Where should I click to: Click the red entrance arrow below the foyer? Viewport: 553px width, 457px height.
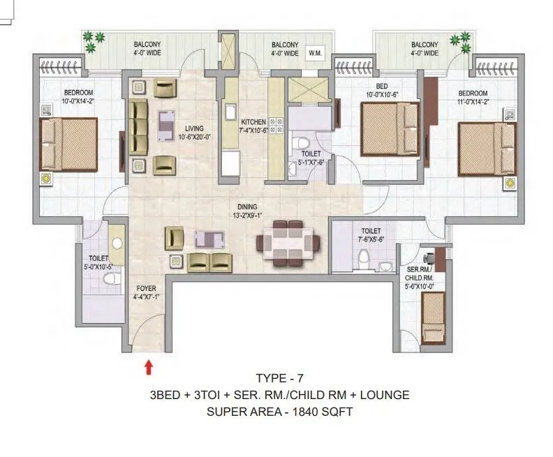coord(148,365)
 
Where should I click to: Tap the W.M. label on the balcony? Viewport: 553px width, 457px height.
coord(314,53)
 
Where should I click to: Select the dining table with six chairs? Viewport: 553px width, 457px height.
coord(288,242)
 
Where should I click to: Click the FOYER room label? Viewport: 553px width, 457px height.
coord(147,288)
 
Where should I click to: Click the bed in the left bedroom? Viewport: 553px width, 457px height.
coord(68,144)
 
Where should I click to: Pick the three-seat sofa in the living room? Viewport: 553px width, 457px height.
coord(138,127)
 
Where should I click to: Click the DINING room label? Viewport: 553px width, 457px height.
coord(246,207)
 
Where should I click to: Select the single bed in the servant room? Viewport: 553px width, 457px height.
coord(433,316)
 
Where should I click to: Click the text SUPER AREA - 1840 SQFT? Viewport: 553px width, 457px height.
coord(279,412)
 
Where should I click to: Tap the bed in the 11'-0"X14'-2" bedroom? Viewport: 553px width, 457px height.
coord(487,149)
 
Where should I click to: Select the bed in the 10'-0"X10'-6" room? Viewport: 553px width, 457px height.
coord(389,129)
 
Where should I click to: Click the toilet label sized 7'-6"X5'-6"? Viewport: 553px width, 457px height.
coord(371,231)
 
